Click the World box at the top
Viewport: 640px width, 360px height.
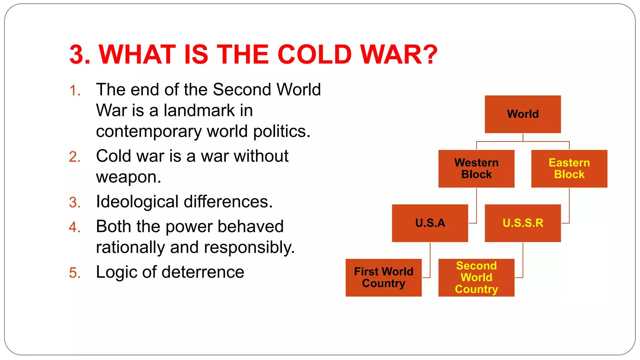click(522, 114)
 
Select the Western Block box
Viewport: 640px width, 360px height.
click(476, 168)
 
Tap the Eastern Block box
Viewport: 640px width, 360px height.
click(569, 168)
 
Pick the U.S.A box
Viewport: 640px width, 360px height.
click(430, 223)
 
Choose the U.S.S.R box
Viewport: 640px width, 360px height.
click(522, 223)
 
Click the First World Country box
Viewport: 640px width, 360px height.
click(383, 277)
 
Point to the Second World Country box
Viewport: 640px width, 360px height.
click(476, 277)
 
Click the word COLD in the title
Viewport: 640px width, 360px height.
click(315, 54)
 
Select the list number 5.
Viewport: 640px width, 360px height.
click(75, 273)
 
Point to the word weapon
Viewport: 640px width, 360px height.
click(128, 177)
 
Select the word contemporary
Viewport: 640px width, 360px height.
click(149, 131)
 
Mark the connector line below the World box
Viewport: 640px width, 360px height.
click(523, 137)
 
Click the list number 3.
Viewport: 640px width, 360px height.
click(75, 202)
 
